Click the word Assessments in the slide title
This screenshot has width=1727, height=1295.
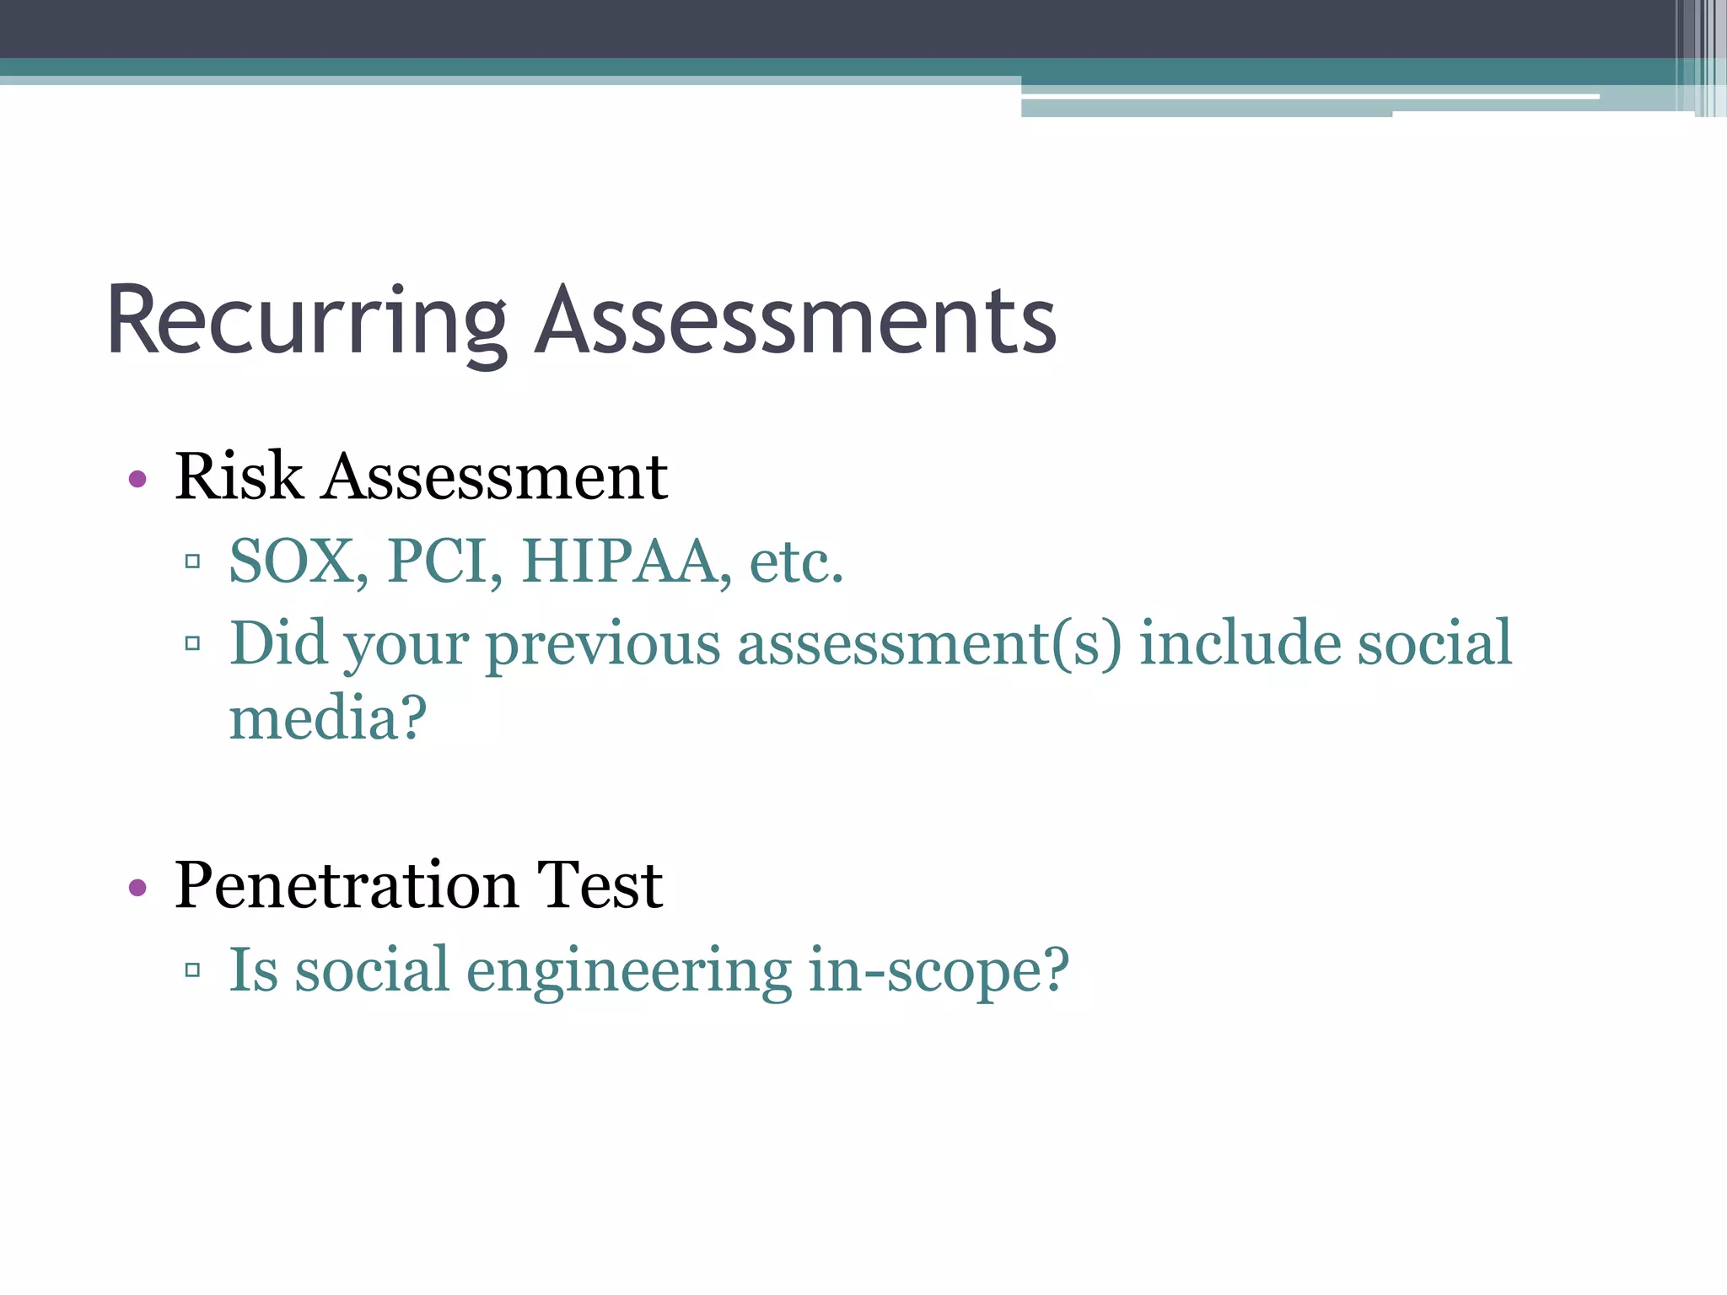click(796, 322)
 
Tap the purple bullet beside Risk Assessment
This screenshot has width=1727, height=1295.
click(137, 480)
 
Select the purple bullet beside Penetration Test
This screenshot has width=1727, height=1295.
click(137, 887)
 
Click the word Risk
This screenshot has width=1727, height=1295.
click(239, 476)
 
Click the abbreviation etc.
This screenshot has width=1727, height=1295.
click(796, 562)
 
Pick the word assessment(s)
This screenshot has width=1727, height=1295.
click(929, 645)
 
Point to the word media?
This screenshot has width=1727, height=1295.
click(328, 718)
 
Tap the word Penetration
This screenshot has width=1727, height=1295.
click(346, 885)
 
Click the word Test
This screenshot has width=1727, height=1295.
click(600, 885)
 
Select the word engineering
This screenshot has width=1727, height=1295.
click(628, 971)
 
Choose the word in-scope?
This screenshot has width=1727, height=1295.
click(938, 971)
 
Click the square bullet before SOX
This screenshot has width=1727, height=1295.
click(192, 561)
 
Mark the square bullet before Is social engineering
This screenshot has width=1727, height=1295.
click(192, 970)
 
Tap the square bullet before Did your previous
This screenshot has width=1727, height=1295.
click(192, 644)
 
